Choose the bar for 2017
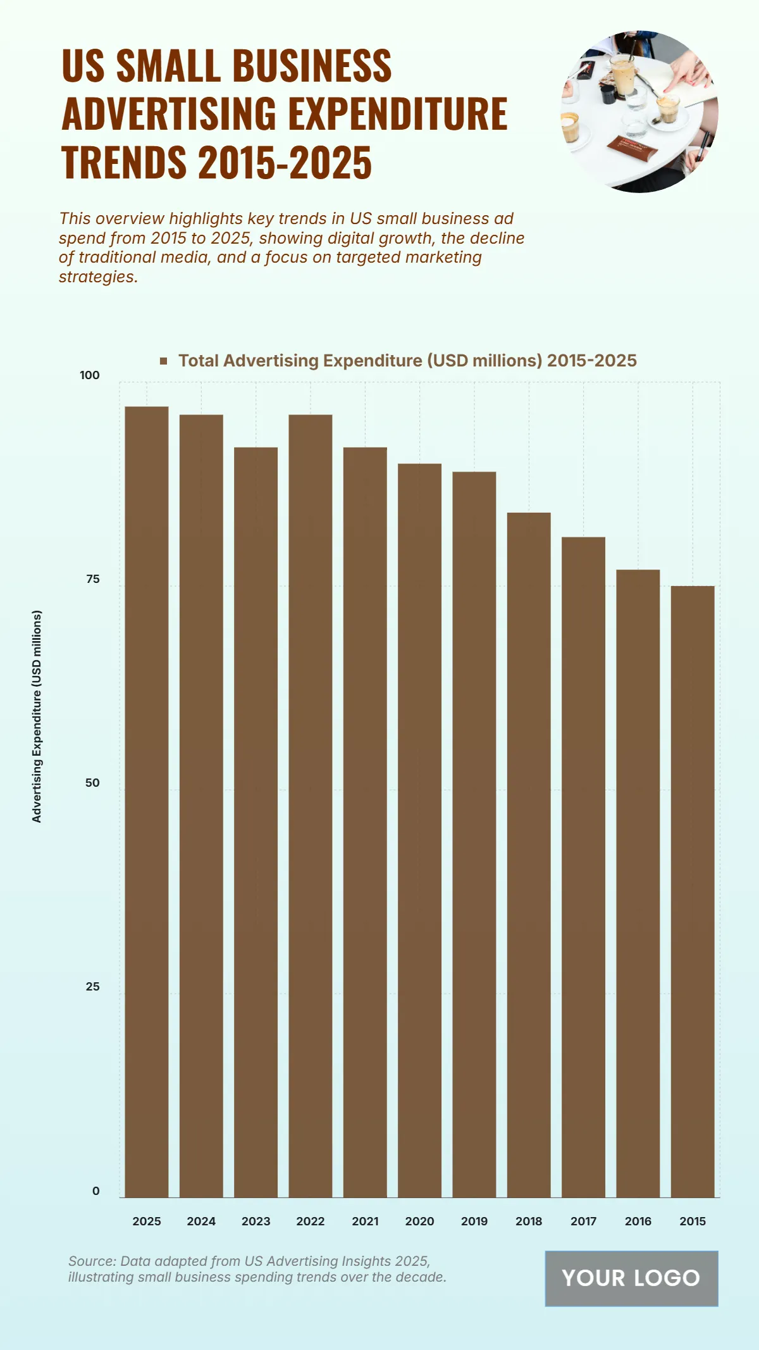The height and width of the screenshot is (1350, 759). pos(583,867)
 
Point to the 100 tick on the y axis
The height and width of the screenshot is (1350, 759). pos(90,375)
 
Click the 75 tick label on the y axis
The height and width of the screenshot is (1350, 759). pos(92,579)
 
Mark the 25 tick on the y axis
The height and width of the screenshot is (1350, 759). pos(92,987)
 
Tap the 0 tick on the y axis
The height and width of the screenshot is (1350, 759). pos(96,1191)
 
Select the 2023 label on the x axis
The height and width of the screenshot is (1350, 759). pos(256,1222)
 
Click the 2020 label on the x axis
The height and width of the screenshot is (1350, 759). pos(419,1222)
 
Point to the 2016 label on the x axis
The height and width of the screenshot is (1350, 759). pos(638,1222)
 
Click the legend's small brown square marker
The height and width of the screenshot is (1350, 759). pos(164,361)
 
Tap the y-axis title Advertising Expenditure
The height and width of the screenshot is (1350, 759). pos(37,716)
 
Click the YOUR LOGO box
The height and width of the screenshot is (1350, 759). pos(631,1278)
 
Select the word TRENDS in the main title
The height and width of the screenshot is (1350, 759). pos(124,162)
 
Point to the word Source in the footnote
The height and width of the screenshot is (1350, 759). pos(92,1261)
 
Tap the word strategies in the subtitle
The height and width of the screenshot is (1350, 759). pos(97,277)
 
